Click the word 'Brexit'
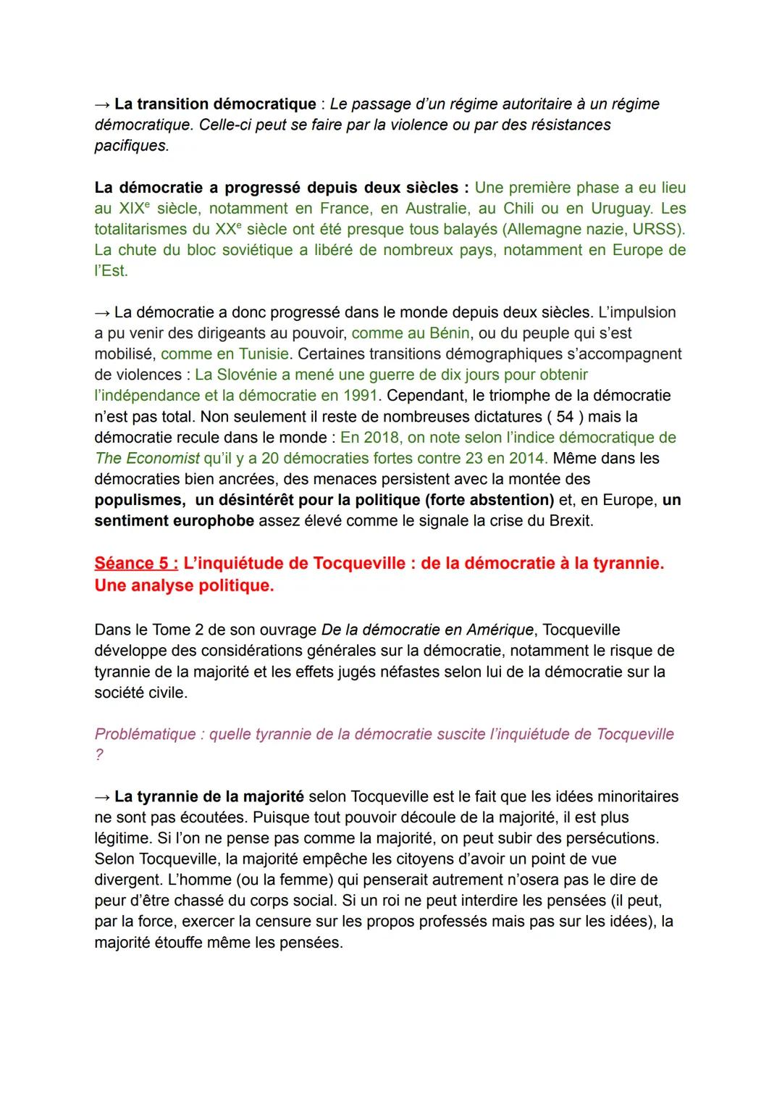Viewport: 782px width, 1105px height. coord(568,521)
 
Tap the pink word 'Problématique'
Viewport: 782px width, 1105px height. coord(145,734)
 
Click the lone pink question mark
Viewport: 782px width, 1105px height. coord(99,755)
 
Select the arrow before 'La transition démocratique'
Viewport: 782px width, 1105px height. coord(102,104)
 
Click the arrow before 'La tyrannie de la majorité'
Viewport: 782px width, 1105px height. coord(102,797)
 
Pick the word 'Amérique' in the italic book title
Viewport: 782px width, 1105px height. coord(499,630)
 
